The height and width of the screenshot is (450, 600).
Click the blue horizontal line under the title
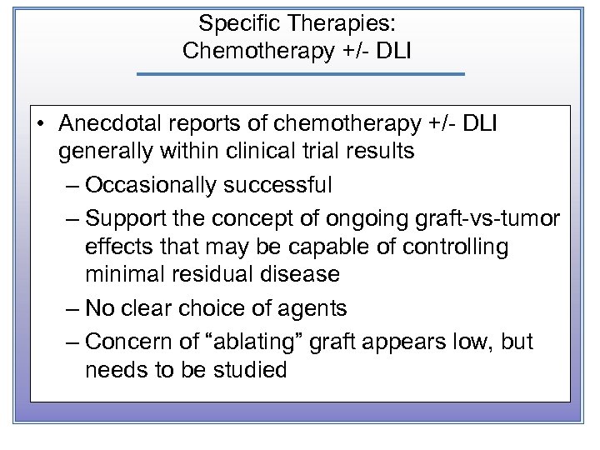[300, 75]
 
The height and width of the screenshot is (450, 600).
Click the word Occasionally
[150, 183]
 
